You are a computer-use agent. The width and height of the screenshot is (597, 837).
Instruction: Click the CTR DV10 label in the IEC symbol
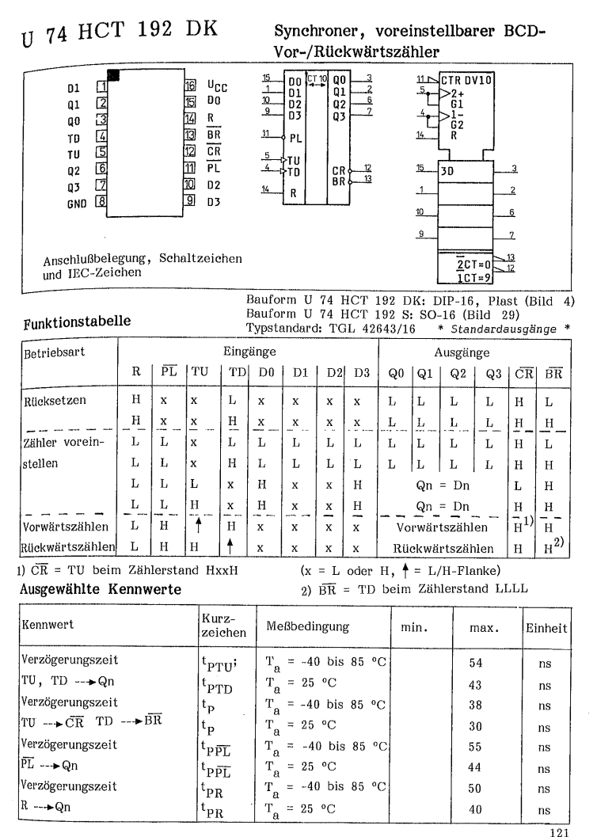point(448,81)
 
